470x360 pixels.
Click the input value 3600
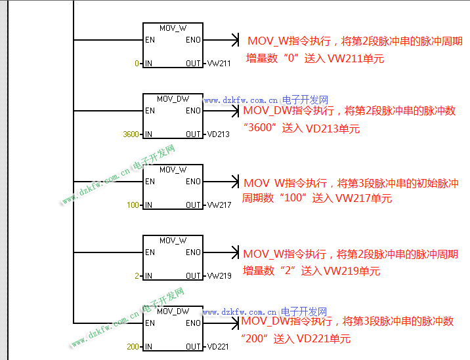click(131, 134)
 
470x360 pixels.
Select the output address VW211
click(219, 64)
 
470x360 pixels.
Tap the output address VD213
click(219, 134)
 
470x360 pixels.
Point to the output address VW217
click(219, 205)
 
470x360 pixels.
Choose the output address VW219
click(219, 276)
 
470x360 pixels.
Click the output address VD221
click(218, 347)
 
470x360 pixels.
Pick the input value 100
click(133, 205)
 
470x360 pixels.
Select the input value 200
click(133, 347)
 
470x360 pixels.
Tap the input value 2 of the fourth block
click(137, 276)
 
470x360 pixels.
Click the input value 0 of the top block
click(137, 64)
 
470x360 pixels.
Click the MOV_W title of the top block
click(173, 28)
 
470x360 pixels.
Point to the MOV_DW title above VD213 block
click(173, 99)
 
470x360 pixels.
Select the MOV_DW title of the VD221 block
click(173, 311)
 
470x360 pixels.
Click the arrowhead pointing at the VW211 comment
click(236, 41)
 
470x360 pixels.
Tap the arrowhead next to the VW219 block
click(235, 252)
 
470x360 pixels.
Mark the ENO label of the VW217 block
click(193, 182)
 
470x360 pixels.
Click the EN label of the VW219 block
click(150, 252)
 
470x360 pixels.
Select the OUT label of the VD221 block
click(193, 347)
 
